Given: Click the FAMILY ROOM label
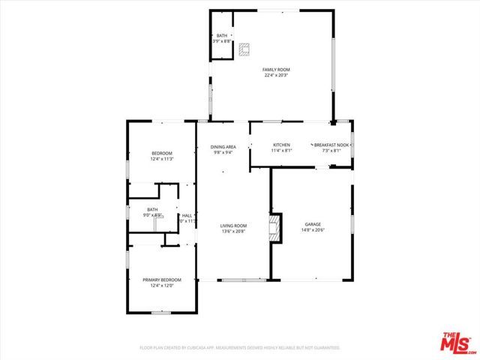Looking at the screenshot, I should pos(276,70).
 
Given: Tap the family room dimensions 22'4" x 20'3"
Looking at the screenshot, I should pos(276,76).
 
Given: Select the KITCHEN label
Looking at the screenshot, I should pos(281,145).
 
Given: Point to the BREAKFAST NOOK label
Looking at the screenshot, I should pos(331,145).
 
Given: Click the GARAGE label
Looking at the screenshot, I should pos(313,224).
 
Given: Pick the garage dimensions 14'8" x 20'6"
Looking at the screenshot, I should pos(313,231).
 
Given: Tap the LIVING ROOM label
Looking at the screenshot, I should pos(233,226).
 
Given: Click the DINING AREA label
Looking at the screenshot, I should pos(223,146).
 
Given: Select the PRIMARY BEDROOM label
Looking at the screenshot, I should pos(162,280).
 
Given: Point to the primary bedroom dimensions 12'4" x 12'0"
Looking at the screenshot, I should pos(162,286).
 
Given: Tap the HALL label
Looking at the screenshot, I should pos(187,215).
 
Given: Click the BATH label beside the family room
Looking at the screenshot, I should pos(222,36).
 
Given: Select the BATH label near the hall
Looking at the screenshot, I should pos(152,209).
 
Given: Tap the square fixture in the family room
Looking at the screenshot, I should pos(244,49).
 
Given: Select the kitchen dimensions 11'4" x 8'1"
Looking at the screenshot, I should pos(281,151).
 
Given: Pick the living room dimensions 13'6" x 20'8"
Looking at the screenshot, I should pos(233,232).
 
